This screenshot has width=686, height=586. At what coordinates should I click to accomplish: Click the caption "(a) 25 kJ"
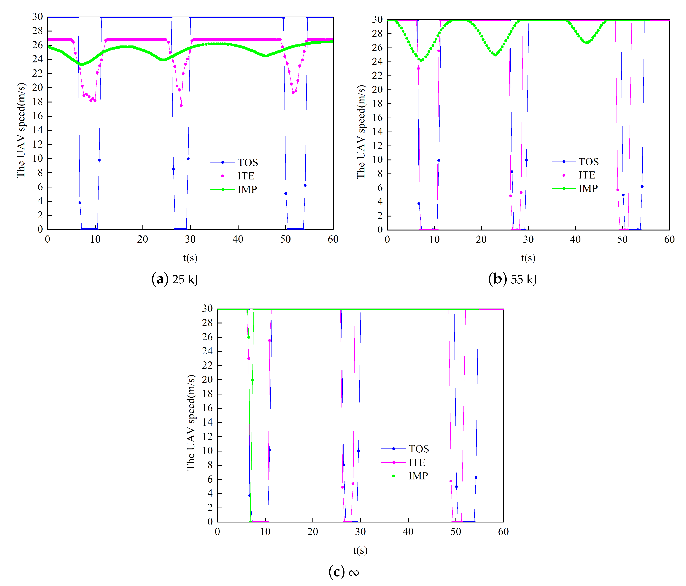click(x=175, y=279)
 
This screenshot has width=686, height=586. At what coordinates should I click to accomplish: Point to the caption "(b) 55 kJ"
click(x=512, y=279)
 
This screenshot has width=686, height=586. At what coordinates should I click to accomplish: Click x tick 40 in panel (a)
click(x=238, y=239)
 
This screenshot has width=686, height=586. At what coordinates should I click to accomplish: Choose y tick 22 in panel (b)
click(x=377, y=75)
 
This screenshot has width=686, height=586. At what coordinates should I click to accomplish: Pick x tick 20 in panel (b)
click(x=481, y=239)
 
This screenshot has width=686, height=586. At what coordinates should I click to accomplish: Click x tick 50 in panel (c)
click(x=456, y=532)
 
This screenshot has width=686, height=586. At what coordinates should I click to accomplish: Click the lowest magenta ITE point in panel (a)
click(x=181, y=106)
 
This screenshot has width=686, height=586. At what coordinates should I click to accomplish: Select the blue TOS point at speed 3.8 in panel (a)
click(x=80, y=203)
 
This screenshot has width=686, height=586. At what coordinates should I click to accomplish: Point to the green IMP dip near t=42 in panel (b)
click(x=587, y=43)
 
